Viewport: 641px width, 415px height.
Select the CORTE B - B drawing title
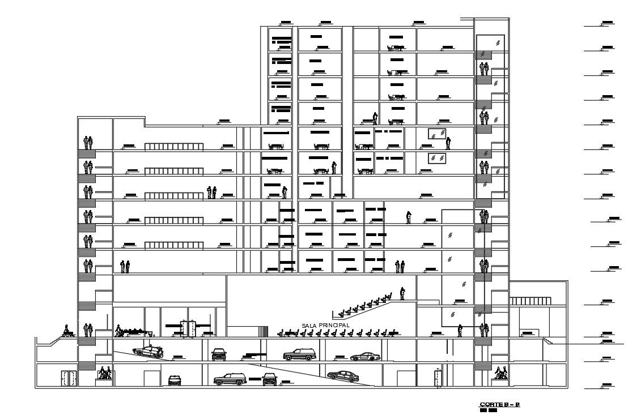499,404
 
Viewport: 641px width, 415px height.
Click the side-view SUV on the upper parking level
300,355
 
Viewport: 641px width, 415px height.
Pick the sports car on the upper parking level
365,356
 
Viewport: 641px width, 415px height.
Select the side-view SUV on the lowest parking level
230,379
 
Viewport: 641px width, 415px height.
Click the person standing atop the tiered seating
402,293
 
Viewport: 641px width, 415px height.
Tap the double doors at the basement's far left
69,378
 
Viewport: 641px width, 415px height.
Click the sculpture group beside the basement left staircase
105,373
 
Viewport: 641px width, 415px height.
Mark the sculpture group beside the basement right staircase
500,373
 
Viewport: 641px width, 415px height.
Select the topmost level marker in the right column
607,23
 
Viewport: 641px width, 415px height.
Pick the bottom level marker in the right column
605,386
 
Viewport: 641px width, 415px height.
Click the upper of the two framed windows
436,134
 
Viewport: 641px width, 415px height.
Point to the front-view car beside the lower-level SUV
269,379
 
